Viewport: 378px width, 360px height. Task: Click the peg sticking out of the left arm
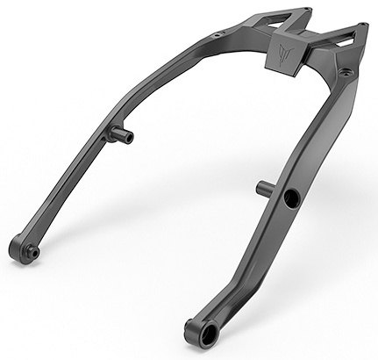(121, 135)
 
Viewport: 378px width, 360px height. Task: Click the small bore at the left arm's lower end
(33, 251)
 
